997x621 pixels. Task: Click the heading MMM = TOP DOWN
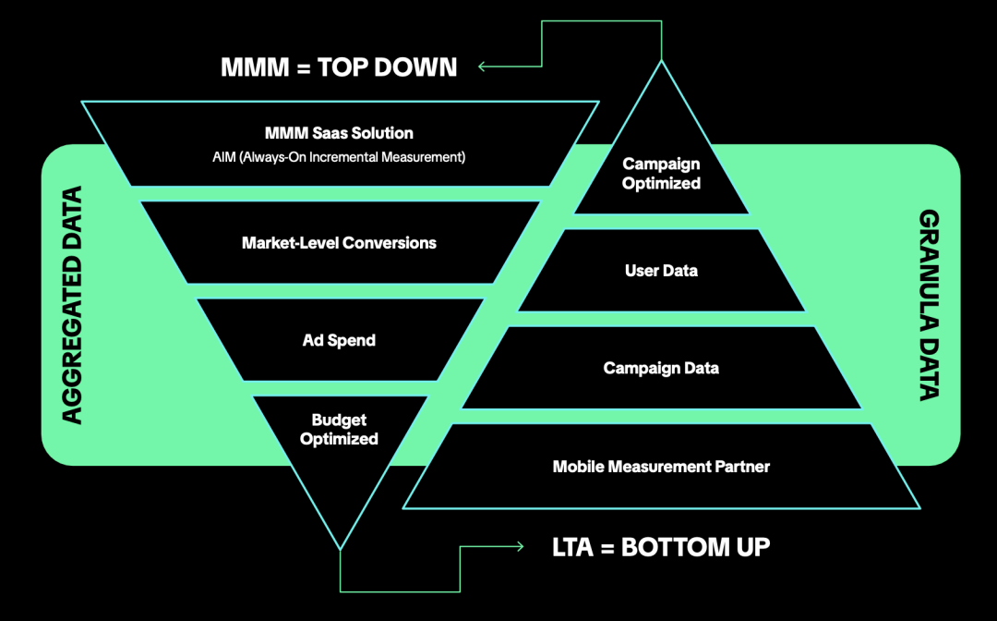[x=339, y=67]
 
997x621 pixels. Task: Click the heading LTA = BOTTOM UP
[x=660, y=546]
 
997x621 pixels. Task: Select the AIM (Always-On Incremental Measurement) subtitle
[x=339, y=157]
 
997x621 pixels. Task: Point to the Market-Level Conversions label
[x=339, y=243]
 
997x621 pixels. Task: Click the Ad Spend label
[x=339, y=340]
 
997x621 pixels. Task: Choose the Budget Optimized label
[x=339, y=429]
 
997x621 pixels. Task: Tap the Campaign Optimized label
[x=661, y=173]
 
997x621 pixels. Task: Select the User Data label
[x=661, y=271]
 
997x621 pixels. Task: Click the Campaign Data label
[x=661, y=368]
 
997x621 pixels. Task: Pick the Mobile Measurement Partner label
[x=661, y=467]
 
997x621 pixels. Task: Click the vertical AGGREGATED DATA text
[x=72, y=305]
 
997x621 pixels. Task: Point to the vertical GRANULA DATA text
[x=929, y=305]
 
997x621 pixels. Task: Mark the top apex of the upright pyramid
[x=661, y=62]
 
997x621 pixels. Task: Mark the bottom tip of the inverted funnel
[x=341, y=548]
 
